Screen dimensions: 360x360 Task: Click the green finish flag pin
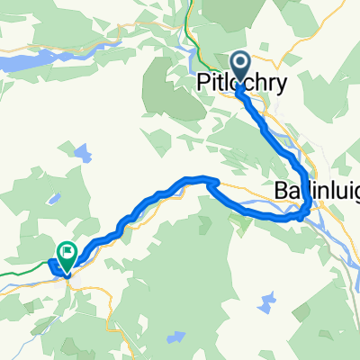(67, 253)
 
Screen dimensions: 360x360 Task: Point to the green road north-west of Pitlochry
(192, 40)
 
